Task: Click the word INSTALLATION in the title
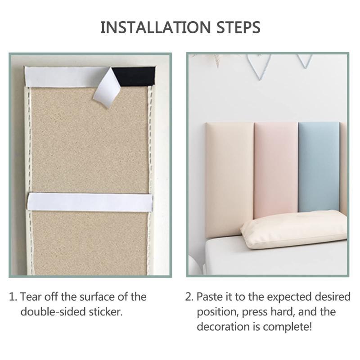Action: click(x=156, y=27)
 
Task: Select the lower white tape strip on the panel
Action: click(x=90, y=202)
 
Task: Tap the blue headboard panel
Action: click(x=319, y=166)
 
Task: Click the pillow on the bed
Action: click(x=294, y=229)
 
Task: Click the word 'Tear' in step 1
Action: click(x=31, y=297)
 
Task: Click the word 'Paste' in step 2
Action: click(x=210, y=297)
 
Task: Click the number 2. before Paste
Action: click(x=189, y=297)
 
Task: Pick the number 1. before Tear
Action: click(x=13, y=297)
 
